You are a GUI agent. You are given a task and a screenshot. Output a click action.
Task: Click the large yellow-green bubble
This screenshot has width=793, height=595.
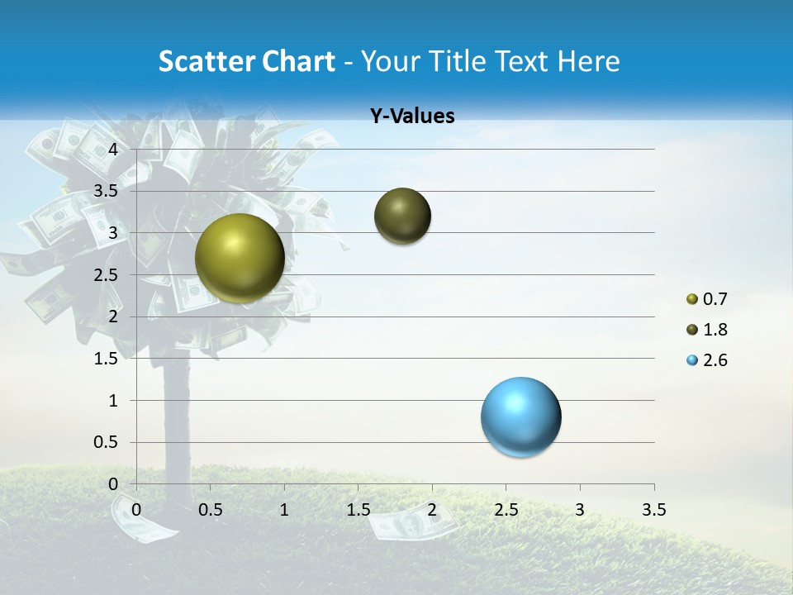(240, 258)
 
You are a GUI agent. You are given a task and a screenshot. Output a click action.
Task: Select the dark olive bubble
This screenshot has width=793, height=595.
(402, 216)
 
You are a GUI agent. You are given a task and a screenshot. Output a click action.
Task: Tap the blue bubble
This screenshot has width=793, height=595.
(520, 416)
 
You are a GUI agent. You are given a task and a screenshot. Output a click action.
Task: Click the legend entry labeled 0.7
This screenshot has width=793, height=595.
(707, 298)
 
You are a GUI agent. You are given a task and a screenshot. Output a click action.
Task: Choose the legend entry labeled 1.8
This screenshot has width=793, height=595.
(707, 330)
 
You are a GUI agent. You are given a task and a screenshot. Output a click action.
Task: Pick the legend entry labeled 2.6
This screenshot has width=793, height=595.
(707, 360)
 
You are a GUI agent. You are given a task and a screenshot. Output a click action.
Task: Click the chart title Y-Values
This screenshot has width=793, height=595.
(411, 117)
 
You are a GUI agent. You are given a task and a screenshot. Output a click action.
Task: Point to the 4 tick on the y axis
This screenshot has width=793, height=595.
(114, 150)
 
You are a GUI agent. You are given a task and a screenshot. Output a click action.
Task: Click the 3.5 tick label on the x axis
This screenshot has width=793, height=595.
(653, 510)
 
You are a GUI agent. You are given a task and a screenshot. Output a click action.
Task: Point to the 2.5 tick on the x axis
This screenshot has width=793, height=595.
(506, 510)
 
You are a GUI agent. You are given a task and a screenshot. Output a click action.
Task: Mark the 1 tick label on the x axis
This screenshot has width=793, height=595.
(284, 510)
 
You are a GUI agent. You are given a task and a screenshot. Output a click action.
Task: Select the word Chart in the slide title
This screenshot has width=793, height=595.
(298, 61)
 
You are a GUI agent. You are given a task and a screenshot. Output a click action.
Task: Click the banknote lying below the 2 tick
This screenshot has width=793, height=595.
(411, 523)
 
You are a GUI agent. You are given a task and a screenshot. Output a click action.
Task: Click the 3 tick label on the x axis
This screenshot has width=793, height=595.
(579, 510)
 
